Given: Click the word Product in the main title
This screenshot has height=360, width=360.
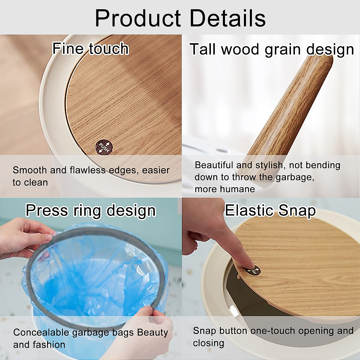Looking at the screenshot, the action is pos(138,18).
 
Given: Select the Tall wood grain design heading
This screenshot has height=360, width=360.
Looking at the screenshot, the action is pos(271,50).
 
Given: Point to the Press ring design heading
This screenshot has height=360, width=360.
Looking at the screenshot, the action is pos(91,211).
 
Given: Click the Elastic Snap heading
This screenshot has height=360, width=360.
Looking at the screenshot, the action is pos(270,211).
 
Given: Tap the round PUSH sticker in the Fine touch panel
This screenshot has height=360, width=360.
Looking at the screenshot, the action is pos(104,147).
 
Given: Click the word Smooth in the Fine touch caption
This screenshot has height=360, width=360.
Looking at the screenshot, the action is pos(29,170).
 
